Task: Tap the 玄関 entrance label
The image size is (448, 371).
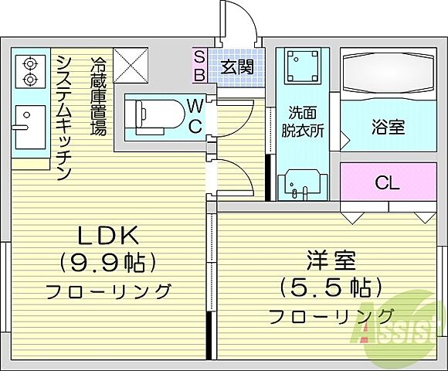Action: (x=236, y=67)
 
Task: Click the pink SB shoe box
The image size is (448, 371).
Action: (x=199, y=66)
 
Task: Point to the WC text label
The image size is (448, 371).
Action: (x=195, y=115)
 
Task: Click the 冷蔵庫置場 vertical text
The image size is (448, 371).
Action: (x=98, y=96)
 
